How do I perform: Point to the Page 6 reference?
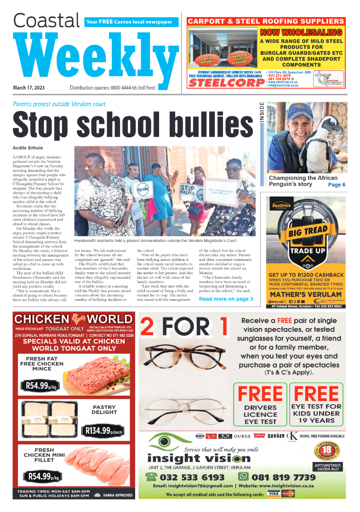[337, 184]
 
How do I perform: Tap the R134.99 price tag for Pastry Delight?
[103, 431]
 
